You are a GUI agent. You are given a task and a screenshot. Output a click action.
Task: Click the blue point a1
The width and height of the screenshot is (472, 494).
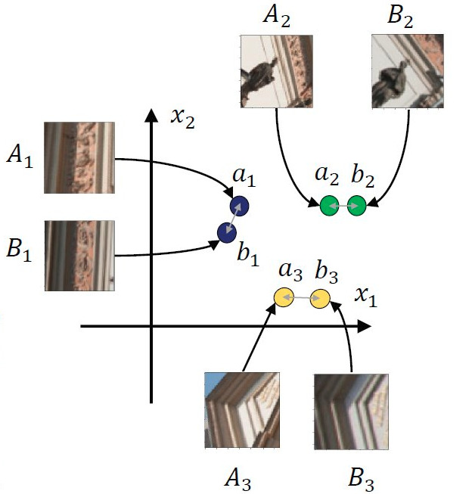(240, 207)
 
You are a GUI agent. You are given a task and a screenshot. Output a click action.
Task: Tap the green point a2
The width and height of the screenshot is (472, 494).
(329, 205)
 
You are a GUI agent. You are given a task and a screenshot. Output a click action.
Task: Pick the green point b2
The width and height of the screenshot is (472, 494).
(356, 205)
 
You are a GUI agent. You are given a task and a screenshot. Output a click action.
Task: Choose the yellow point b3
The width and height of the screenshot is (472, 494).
(321, 298)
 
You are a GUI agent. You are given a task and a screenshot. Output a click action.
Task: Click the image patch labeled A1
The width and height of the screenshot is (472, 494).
(79, 157)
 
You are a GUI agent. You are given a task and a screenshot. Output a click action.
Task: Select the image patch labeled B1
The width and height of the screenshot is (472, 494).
(79, 256)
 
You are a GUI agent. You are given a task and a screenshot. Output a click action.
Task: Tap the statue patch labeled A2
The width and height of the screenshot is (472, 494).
(275, 71)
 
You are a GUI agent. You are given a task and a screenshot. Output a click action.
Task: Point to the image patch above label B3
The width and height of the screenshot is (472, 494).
(352, 409)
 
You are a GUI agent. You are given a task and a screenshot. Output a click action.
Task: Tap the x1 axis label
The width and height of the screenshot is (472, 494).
(366, 298)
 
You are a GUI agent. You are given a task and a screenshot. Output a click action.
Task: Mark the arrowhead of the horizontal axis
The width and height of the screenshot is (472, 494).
(365, 326)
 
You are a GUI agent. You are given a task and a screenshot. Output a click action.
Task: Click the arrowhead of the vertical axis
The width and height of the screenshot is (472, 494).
(152, 116)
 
